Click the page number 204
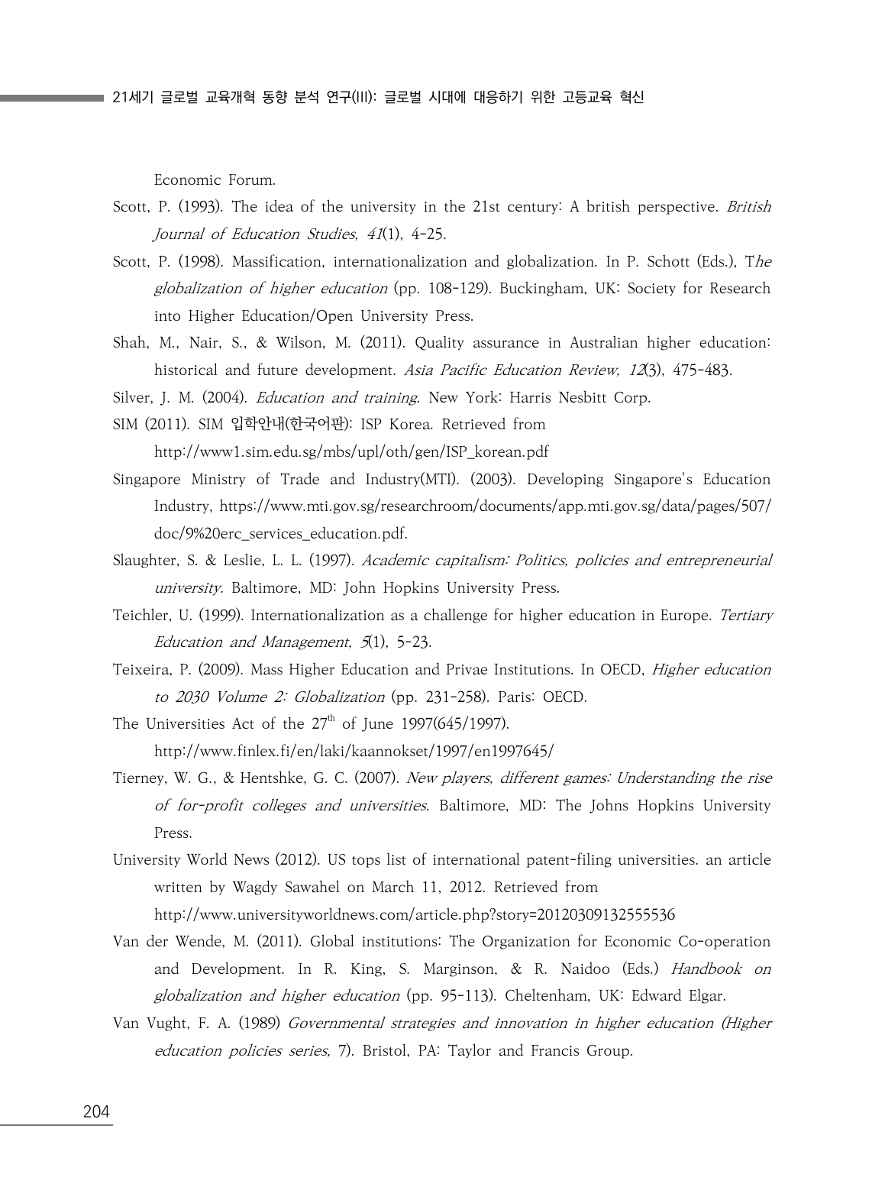[x=96, y=1112]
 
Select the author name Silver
[x=131, y=398]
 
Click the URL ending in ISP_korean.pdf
[x=351, y=452]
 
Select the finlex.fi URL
[x=354, y=752]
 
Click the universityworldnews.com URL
[x=414, y=915]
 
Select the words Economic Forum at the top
[x=215, y=180]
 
